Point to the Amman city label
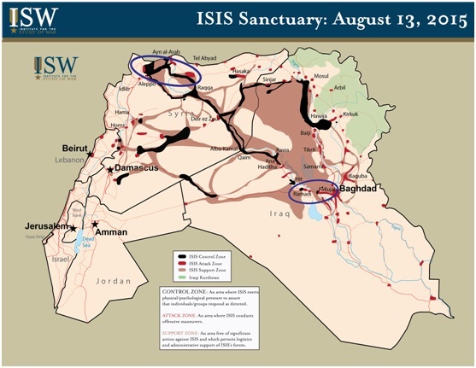coord(110,232)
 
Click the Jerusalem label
coord(44,225)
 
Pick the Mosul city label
coord(321,76)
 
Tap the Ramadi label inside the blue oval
coord(301,195)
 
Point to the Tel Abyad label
coord(206,58)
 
